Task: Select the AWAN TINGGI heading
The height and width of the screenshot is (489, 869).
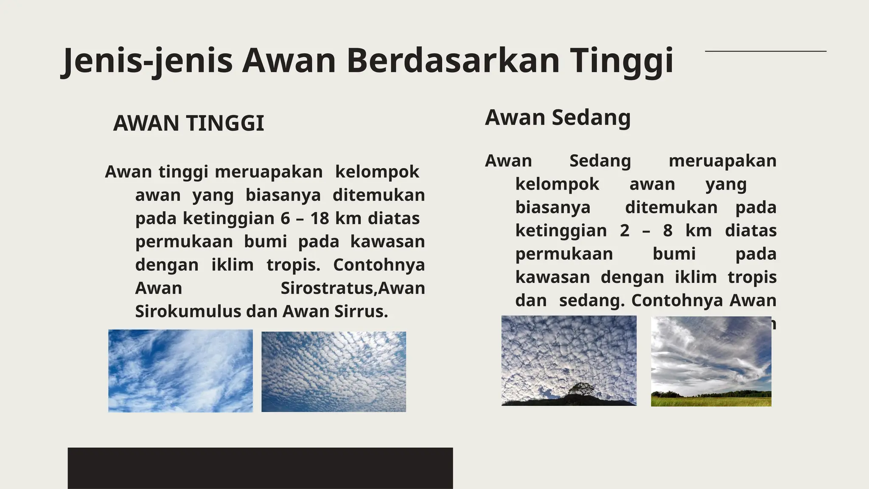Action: (x=188, y=124)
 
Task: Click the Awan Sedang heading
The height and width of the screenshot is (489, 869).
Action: (x=558, y=117)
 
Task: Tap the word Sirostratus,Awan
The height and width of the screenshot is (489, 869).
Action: (x=353, y=288)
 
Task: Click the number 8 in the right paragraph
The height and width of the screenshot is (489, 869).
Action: (x=667, y=230)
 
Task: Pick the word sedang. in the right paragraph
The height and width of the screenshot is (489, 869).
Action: (x=591, y=300)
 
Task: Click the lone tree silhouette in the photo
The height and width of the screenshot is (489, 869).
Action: (x=580, y=389)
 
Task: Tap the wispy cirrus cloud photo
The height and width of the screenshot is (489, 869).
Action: (x=180, y=371)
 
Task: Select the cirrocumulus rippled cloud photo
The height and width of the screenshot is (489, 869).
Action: (x=334, y=371)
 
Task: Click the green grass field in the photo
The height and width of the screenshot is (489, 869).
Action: (x=711, y=401)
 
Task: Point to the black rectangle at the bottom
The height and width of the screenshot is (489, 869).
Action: (x=260, y=468)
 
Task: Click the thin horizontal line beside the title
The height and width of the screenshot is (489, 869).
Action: (x=765, y=51)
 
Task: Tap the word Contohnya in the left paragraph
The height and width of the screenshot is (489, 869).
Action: (x=378, y=264)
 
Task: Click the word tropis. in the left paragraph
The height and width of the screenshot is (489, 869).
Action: (x=293, y=264)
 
